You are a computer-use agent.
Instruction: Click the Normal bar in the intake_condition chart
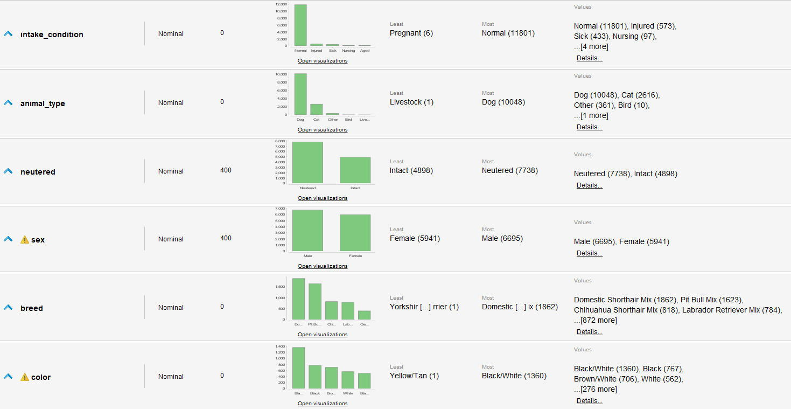(300, 25)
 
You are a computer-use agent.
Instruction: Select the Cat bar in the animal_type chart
(316, 109)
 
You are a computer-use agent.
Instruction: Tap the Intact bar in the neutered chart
(355, 170)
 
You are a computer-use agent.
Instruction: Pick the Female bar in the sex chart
(355, 233)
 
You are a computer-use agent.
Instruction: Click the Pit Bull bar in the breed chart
(314, 302)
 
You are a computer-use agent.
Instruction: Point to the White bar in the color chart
(348, 380)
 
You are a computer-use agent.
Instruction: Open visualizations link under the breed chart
(323, 335)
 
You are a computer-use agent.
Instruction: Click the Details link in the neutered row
(589, 185)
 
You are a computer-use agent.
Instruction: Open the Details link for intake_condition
(589, 58)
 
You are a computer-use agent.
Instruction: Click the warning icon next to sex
(24, 240)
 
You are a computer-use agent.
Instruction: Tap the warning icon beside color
(24, 377)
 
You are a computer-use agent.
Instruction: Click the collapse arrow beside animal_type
(8, 103)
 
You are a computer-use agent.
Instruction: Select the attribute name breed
(31, 308)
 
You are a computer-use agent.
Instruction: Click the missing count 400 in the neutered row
(226, 170)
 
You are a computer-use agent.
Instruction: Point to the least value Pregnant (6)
(411, 33)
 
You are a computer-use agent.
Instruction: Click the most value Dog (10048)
(503, 102)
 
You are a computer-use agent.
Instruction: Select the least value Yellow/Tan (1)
(414, 376)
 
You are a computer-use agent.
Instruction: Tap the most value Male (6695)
(502, 238)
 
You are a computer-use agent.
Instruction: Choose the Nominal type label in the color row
(171, 377)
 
